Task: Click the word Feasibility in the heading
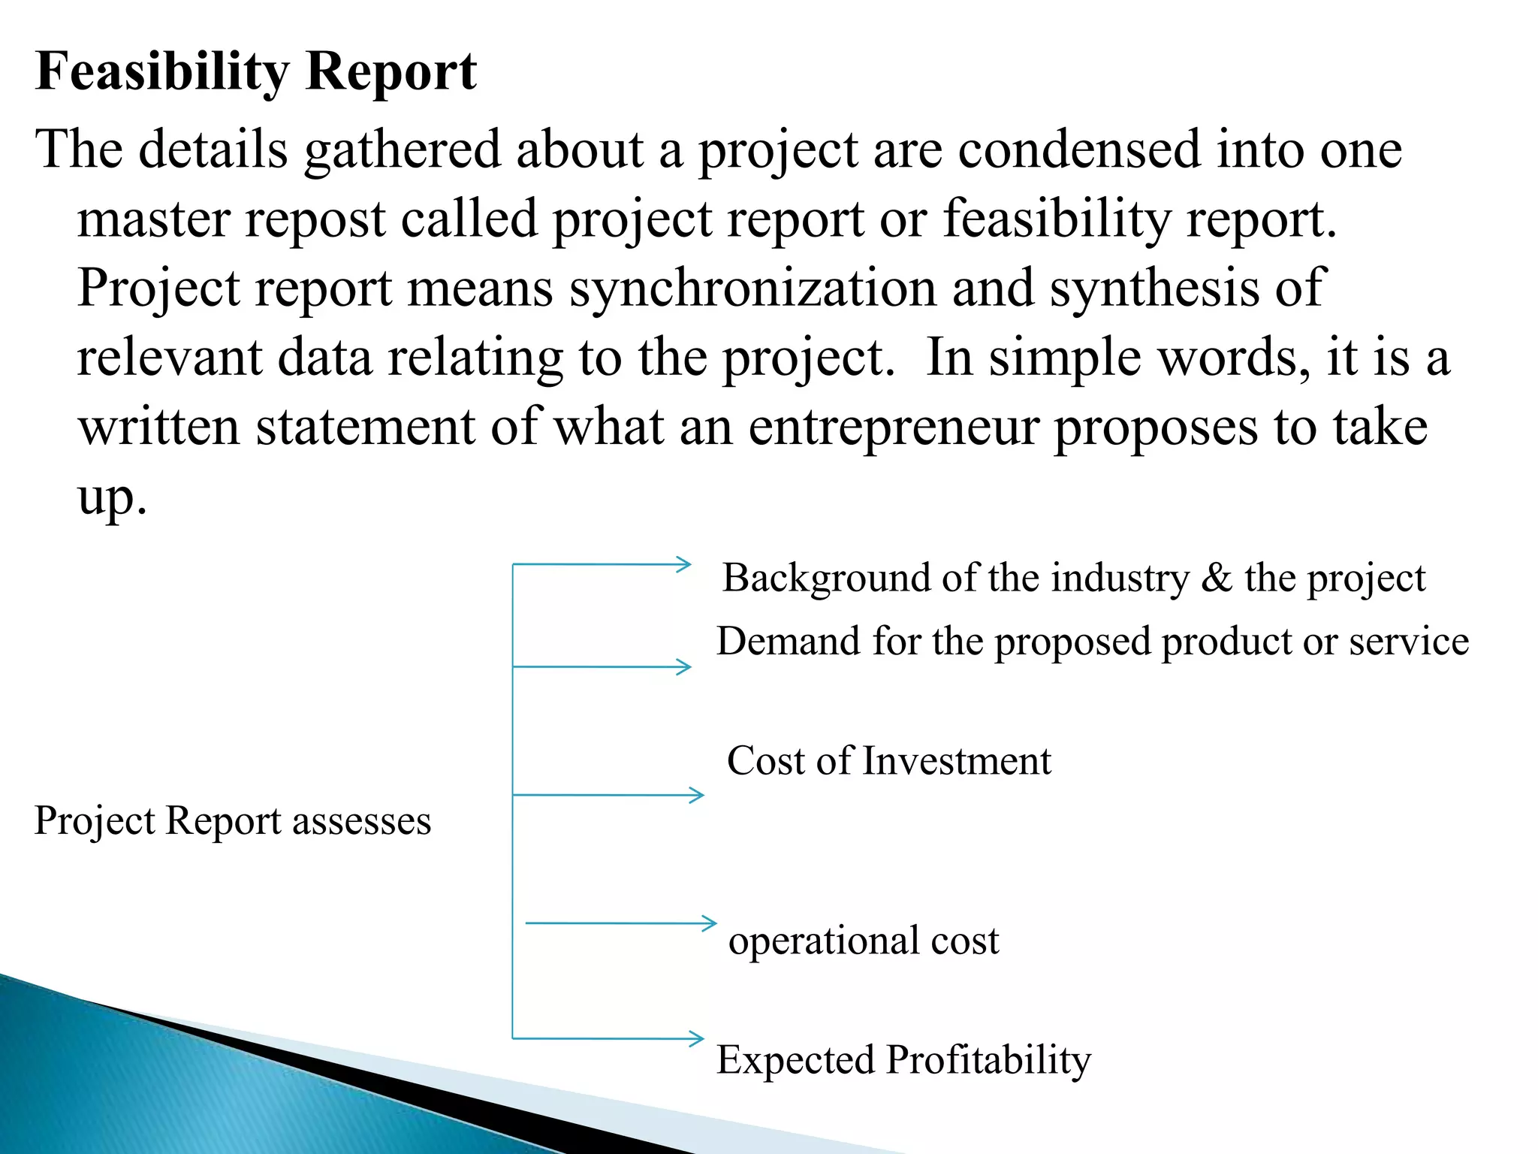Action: click(161, 72)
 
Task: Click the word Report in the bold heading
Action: click(391, 72)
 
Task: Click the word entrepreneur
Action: click(894, 427)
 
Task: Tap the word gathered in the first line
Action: click(402, 150)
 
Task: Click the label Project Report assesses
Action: click(233, 820)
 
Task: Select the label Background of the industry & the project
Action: click(1073, 579)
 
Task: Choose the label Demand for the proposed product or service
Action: click(1092, 642)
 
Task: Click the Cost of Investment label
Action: click(888, 761)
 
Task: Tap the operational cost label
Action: click(864, 941)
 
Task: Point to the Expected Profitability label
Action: click(903, 1060)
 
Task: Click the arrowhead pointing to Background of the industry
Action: click(683, 564)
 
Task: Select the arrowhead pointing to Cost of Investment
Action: click(697, 795)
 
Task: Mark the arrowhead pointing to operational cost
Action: click(710, 923)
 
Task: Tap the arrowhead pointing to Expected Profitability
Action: click(697, 1039)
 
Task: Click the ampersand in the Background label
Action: click(1217, 579)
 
